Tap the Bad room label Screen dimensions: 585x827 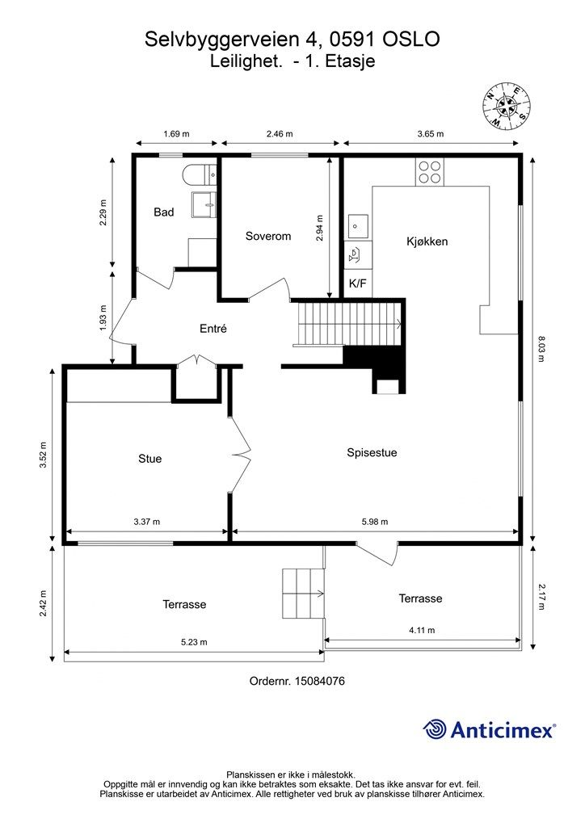[163, 212]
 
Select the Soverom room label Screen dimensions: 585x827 [268, 236]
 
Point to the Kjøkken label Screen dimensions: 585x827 [427, 241]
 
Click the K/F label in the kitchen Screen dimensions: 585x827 [357, 283]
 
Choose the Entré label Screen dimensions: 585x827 [213, 329]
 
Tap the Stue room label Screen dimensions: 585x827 [149, 459]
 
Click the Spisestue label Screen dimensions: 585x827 [372, 452]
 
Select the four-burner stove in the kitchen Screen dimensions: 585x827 [429, 172]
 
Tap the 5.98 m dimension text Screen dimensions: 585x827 [375, 522]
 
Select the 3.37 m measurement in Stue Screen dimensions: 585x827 [146, 522]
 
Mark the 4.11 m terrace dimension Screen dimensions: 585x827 [422, 630]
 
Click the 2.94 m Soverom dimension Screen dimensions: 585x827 [320, 229]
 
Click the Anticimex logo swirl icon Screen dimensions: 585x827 [434, 729]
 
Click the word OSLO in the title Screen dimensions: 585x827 [411, 39]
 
